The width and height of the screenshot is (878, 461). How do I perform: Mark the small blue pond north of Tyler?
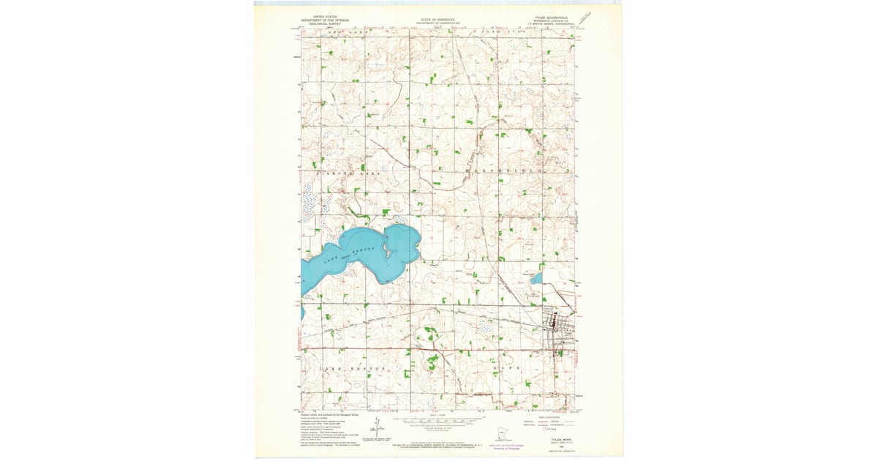pyautogui.click(x=538, y=278)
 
